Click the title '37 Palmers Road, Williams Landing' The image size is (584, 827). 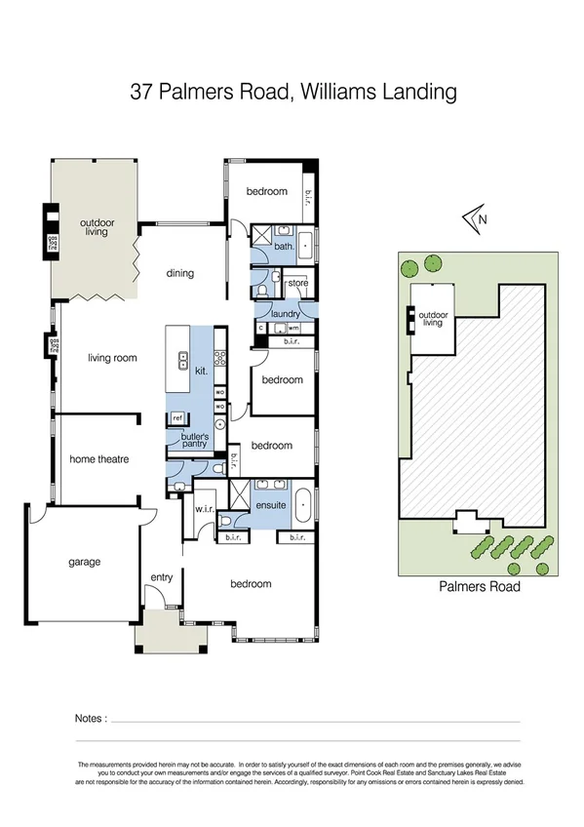tap(293, 94)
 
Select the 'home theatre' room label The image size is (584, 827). tap(98, 458)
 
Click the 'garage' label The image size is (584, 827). tap(84, 562)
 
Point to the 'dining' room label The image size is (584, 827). tap(179, 273)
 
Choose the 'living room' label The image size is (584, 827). tap(112, 358)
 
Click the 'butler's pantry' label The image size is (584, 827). tap(194, 440)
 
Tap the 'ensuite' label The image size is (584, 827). tap(271, 505)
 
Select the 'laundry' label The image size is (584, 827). tap(286, 313)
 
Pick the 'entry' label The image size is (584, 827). tap(161, 577)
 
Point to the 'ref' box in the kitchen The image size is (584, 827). tap(177, 418)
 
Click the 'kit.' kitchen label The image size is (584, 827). tap(202, 372)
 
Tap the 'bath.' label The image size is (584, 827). tap(284, 247)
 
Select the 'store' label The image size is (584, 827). tap(297, 283)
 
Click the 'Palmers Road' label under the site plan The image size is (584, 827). tap(479, 586)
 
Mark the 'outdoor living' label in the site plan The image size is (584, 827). tap(432, 319)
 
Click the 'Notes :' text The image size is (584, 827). tap(91, 719)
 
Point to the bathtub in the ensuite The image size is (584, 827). tap(303, 505)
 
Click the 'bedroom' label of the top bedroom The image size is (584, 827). tap(266, 191)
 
